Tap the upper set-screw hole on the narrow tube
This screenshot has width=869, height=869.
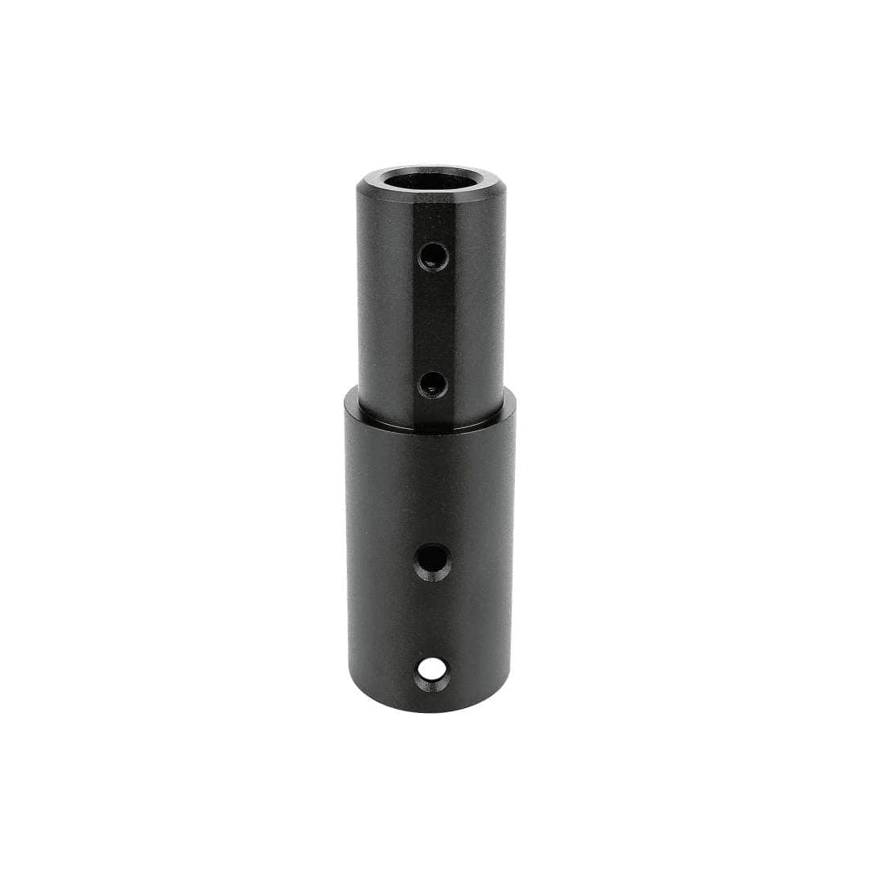(x=433, y=257)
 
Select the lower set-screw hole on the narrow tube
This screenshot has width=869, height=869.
(x=433, y=385)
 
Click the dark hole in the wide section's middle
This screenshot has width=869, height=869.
(x=433, y=561)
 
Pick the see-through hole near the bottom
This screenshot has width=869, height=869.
(x=433, y=670)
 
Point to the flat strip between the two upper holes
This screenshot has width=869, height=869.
(x=433, y=322)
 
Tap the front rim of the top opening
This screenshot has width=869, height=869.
(x=431, y=193)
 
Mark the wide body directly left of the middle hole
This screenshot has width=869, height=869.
(x=381, y=561)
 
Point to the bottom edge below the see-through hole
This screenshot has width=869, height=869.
(x=433, y=706)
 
